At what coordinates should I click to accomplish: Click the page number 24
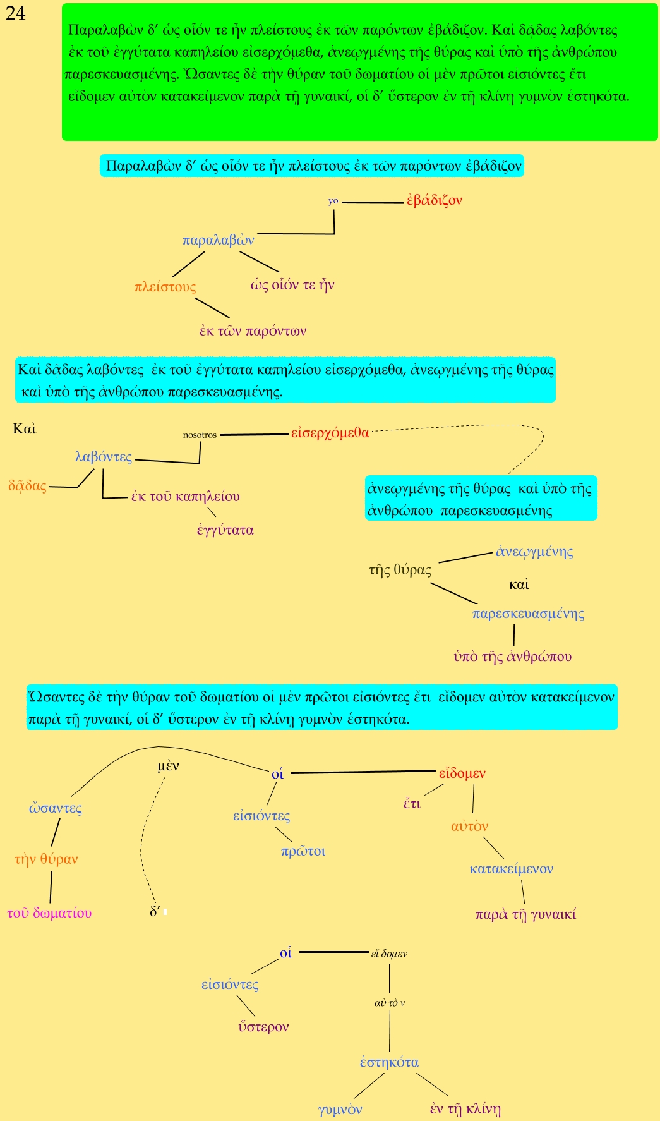[16, 13]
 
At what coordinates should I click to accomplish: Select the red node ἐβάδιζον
[435, 201]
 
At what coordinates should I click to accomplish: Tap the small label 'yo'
[333, 201]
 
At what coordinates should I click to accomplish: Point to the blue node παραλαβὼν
[218, 240]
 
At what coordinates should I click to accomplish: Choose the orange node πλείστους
[165, 287]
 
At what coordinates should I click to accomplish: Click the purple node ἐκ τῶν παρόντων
[253, 330]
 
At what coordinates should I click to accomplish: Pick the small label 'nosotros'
[200, 435]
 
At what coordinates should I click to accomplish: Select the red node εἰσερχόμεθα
[330, 433]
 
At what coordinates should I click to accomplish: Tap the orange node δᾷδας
[27, 486]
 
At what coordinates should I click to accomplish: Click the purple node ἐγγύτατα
[225, 530]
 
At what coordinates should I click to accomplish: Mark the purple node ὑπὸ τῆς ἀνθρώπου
[512, 657]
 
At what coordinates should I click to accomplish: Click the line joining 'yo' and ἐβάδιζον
[372, 202]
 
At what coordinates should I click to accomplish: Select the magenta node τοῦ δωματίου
[49, 913]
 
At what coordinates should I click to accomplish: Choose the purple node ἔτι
[412, 804]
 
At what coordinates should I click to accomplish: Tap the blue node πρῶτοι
[303, 851]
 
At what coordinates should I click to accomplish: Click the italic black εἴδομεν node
[389, 954]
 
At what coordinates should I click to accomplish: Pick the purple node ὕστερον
[263, 1027]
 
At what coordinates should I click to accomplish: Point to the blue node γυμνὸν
[340, 1110]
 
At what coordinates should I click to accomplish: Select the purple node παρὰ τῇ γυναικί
[525, 914]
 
